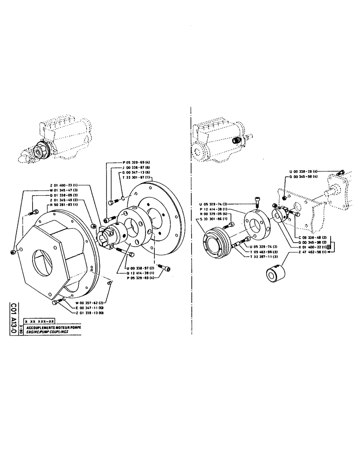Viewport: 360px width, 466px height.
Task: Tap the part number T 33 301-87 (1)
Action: [138, 177]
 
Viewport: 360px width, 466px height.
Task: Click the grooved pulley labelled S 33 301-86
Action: [216, 244]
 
